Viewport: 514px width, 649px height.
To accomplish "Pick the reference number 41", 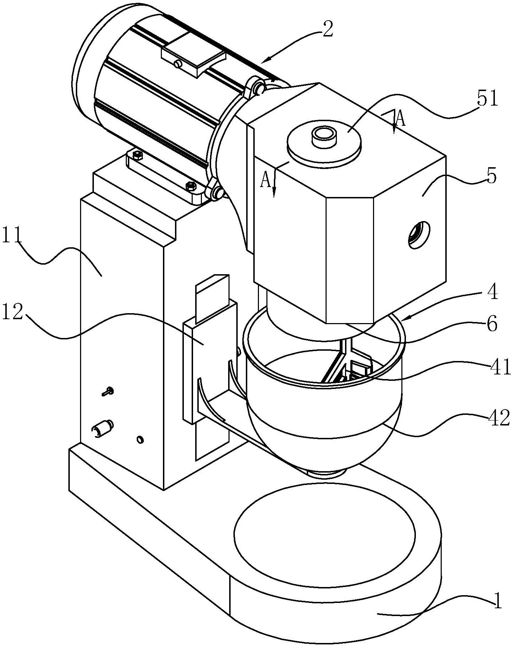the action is [x=499, y=368].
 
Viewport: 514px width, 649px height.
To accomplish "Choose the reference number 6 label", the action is [x=492, y=324].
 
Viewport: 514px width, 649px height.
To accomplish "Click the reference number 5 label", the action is [x=491, y=176].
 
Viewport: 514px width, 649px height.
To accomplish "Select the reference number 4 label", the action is [x=492, y=292].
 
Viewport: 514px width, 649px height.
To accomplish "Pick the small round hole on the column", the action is [x=140, y=440].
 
